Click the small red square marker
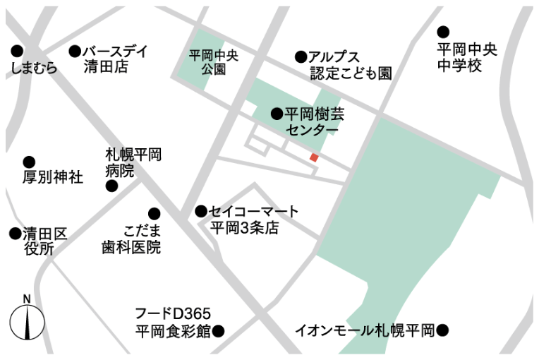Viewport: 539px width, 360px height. point(315,157)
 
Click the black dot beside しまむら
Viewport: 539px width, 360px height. point(17,51)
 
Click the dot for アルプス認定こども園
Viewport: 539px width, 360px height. point(301,56)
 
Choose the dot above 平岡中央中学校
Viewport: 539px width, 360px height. point(443,32)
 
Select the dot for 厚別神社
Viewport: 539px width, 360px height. point(29,162)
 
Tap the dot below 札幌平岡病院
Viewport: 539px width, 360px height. point(111,186)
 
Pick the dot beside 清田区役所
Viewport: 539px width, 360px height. point(15,233)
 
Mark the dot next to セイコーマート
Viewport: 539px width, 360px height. point(201,211)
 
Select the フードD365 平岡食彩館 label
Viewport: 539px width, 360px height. point(174,322)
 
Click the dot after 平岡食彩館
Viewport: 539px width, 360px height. point(219,330)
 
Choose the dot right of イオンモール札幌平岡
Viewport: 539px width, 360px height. point(442,330)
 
